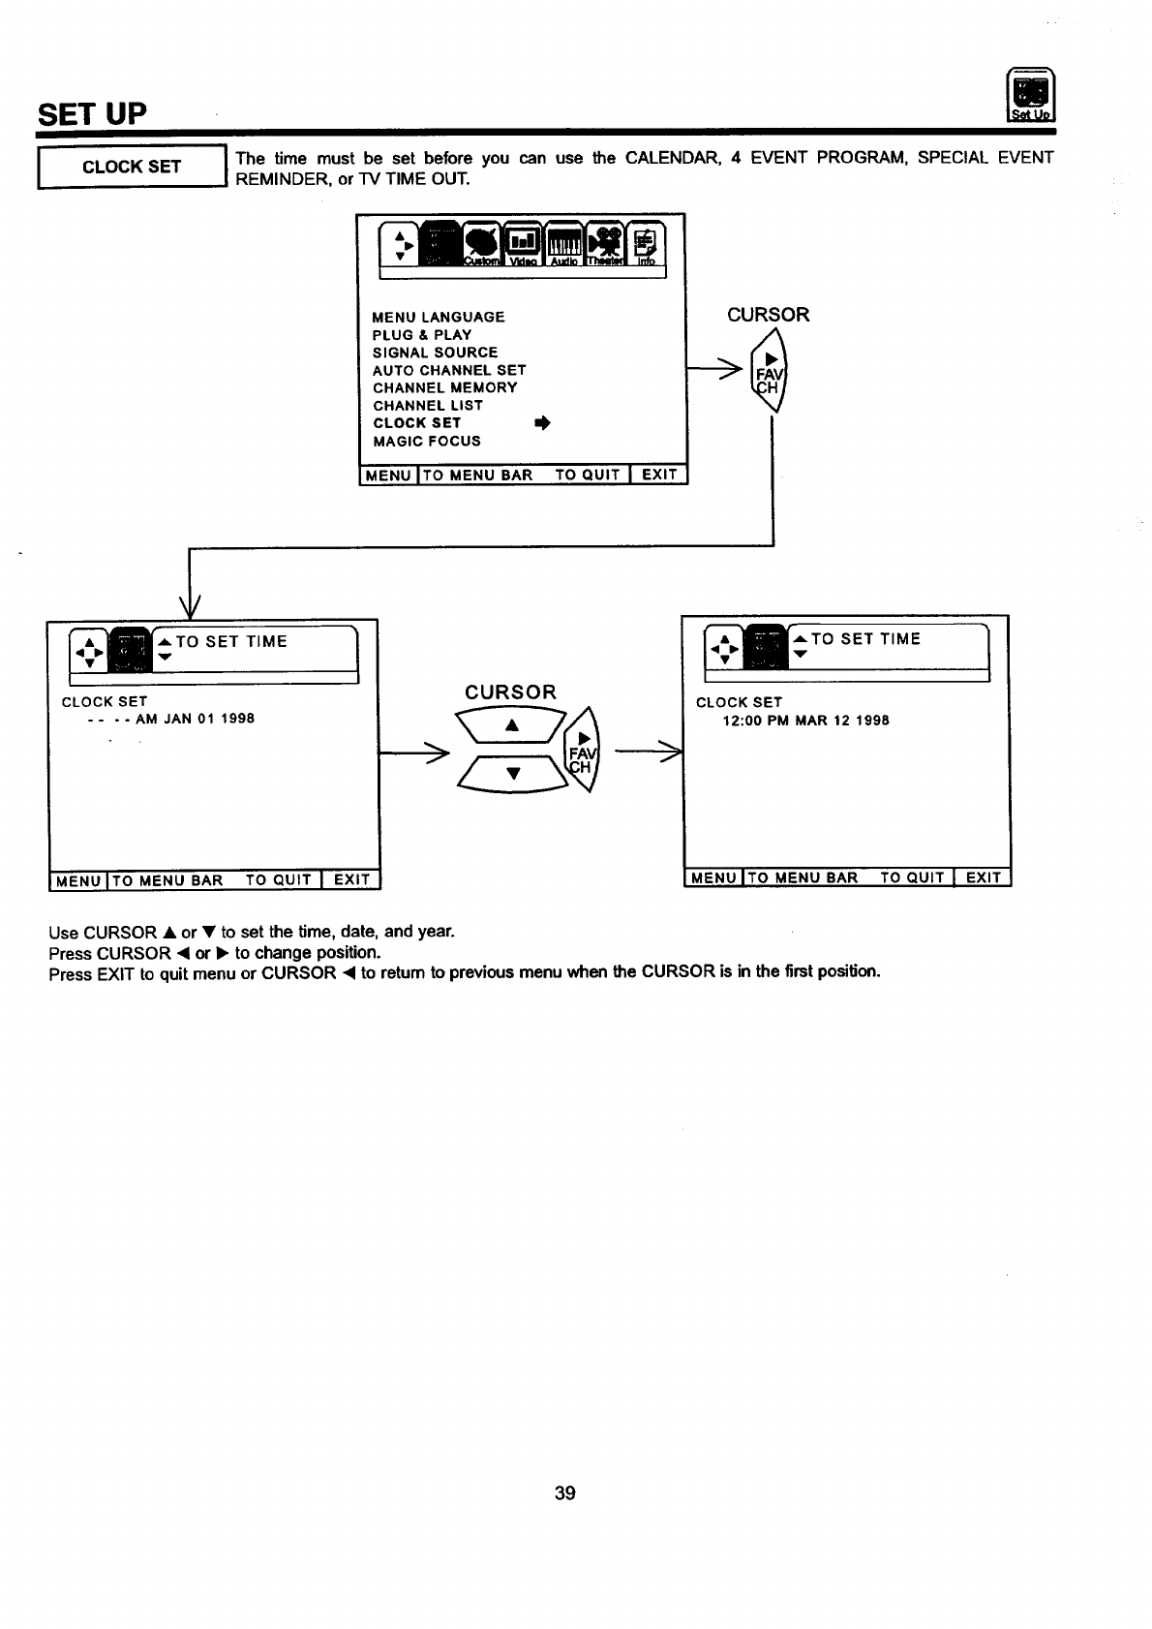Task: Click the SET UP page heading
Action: [92, 114]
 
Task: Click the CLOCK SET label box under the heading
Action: [131, 167]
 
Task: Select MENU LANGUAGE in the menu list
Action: [439, 318]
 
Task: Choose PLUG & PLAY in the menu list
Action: [422, 335]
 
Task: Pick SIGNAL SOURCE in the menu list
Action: [435, 353]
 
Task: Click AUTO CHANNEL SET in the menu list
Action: [449, 370]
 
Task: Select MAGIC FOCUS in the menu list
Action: [427, 442]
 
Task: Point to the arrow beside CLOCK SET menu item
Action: [542, 424]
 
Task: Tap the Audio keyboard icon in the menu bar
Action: [563, 243]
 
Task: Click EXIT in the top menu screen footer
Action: [659, 475]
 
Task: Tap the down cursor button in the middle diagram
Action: [513, 773]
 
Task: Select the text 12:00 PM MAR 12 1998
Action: [805, 721]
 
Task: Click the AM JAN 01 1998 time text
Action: [195, 719]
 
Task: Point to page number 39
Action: [565, 1493]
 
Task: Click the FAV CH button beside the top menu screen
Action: [770, 373]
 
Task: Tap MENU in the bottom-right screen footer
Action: [713, 878]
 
